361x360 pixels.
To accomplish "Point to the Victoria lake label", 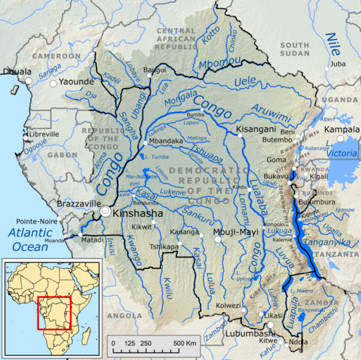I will click(x=342, y=153).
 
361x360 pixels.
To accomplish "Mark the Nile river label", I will click(x=333, y=43).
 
